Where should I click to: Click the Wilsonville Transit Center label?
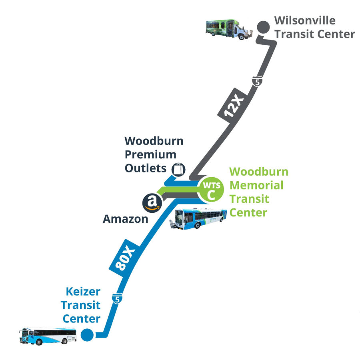(314, 27)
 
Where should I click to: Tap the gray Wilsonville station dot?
(262, 27)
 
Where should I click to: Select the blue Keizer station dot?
(87, 334)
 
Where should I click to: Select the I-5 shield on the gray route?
(256, 81)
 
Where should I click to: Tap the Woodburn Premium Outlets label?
(154, 154)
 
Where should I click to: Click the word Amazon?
(126, 219)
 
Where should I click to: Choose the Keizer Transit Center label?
(80, 305)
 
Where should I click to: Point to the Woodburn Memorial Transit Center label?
(259, 192)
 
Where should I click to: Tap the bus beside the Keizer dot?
(48, 336)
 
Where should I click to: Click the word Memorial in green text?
(256, 185)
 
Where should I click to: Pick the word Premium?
(150, 154)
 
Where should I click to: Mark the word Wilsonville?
(305, 20)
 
